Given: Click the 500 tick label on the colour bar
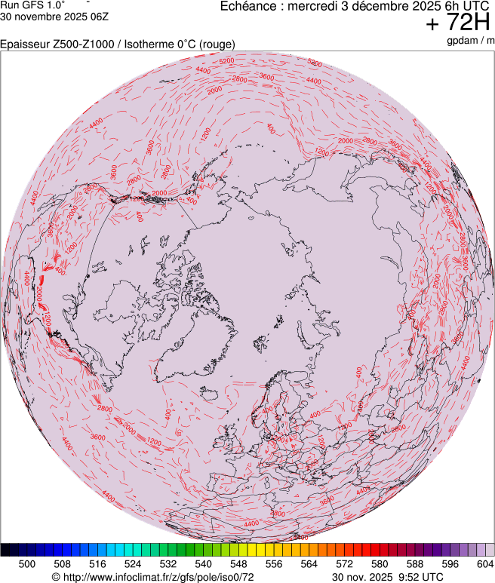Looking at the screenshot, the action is (26, 563).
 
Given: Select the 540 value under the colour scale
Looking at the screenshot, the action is (203, 563).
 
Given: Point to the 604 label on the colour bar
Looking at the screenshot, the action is (485, 563).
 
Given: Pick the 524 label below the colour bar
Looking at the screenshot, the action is (132, 563).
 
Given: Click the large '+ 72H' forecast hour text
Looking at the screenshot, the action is (458, 23).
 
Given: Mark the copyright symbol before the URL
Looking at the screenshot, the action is (55, 577).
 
